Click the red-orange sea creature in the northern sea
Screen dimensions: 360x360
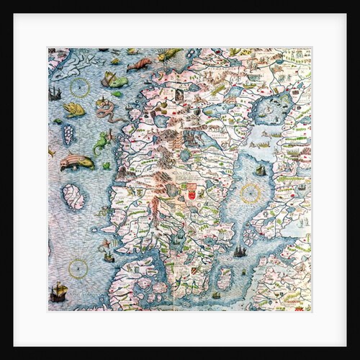(139, 65)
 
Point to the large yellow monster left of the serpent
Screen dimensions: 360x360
(74, 109)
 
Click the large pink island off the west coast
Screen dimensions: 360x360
(73, 197)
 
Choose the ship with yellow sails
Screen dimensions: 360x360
(59, 292)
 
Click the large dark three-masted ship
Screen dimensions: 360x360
(238, 251)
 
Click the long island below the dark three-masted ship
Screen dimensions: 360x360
(225, 278)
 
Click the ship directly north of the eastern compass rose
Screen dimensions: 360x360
(260, 171)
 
